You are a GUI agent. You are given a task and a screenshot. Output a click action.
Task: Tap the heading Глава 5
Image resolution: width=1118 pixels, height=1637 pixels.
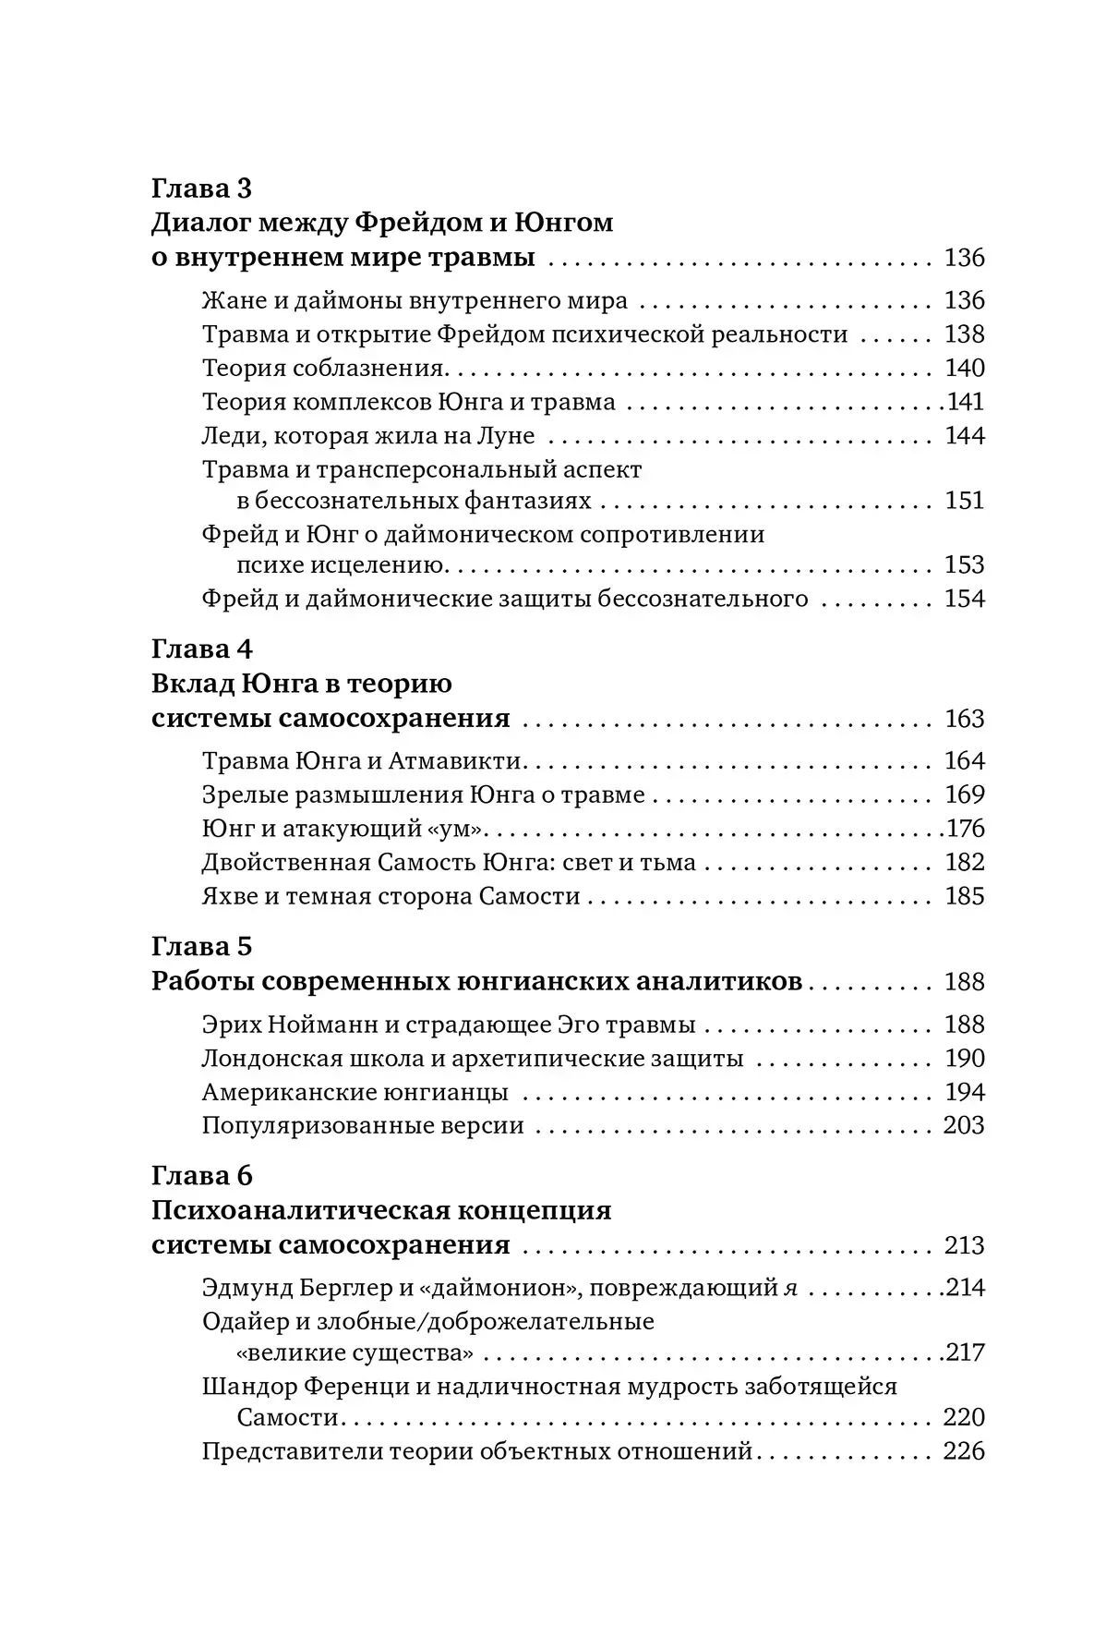pos(201,946)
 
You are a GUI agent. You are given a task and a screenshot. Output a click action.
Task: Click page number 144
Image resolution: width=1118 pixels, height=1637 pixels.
pos(964,435)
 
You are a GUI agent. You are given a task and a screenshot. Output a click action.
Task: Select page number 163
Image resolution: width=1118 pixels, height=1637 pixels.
pos(964,719)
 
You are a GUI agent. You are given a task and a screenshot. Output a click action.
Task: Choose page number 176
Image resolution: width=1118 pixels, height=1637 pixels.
pos(966,829)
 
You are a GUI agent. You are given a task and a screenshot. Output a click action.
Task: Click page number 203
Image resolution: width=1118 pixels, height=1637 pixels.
pos(964,1125)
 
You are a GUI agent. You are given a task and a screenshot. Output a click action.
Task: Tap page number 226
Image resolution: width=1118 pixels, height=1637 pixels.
pos(964,1451)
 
